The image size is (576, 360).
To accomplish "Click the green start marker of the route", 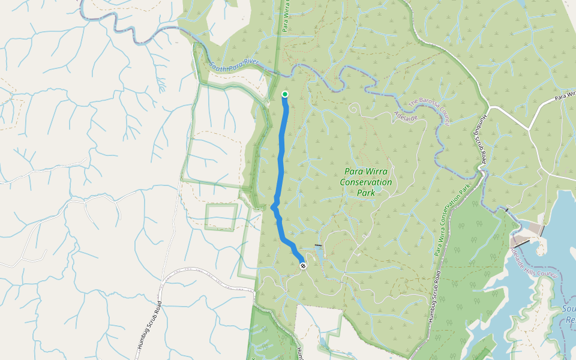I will click(285, 94).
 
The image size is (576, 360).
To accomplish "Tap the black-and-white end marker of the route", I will click(303, 265).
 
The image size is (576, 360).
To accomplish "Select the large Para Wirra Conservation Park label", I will click(365, 182).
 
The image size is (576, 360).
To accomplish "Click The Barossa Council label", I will click(429, 112).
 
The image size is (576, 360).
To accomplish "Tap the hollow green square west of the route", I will click(221, 217).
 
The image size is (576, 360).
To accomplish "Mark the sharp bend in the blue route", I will click(273, 206).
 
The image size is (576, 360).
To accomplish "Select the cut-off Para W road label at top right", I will click(565, 97).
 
